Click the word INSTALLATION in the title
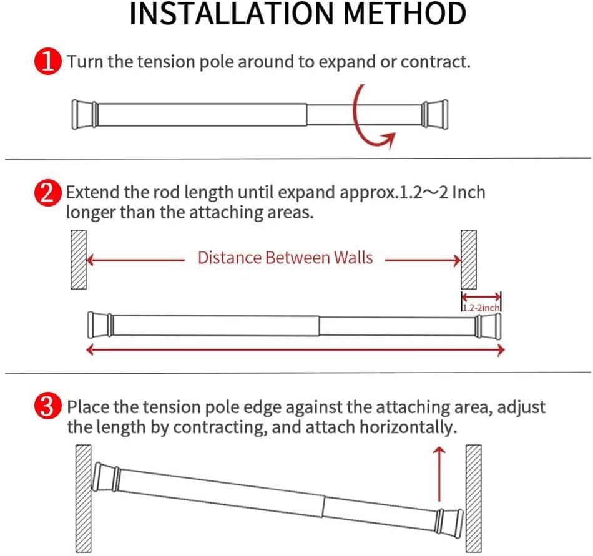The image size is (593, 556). coord(225,14)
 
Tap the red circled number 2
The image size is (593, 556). coord(48,192)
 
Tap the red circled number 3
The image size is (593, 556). coord(48,407)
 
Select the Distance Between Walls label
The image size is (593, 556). coord(285,257)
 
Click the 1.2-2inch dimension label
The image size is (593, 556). coord(481,307)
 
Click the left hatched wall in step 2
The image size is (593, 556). coord(78,259)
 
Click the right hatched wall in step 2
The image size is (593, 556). coord(469,259)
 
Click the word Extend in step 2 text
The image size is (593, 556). coord(87,192)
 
